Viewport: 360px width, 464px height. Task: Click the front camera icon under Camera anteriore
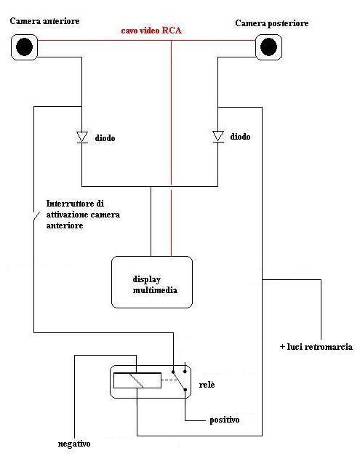pyautogui.click(x=25, y=47)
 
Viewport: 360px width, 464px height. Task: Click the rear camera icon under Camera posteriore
pyautogui.click(x=268, y=47)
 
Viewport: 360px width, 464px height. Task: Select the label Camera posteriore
pyautogui.click(x=271, y=24)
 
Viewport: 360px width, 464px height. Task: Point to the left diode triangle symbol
pyautogui.click(x=82, y=137)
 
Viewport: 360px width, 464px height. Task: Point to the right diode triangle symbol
pyautogui.click(x=218, y=136)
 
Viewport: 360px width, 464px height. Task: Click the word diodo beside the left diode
pyautogui.click(x=105, y=137)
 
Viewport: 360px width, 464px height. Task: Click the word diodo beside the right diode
pyautogui.click(x=241, y=136)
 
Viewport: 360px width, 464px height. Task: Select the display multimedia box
pyautogui.click(x=152, y=281)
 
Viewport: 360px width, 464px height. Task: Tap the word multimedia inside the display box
pyautogui.click(x=154, y=290)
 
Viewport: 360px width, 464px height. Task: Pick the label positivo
pyautogui.click(x=224, y=420)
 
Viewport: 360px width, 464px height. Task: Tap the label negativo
pyautogui.click(x=74, y=443)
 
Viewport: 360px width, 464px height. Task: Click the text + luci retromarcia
pyautogui.click(x=316, y=347)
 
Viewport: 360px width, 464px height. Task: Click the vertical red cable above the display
pyautogui.click(x=171, y=145)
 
